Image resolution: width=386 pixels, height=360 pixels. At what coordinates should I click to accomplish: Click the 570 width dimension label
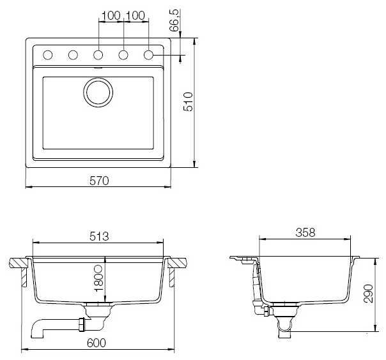click(99, 181)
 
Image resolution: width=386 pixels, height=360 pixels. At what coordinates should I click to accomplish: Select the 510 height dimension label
click(189, 101)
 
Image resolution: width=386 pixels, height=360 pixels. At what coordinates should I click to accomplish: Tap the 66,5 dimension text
click(174, 20)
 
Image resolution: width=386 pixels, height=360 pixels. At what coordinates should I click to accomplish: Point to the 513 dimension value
click(99, 236)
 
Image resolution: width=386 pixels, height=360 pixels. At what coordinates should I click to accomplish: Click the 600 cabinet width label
click(96, 343)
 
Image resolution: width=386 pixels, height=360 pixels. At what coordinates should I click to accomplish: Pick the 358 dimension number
click(305, 232)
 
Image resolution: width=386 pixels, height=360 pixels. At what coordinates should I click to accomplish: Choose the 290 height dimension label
click(369, 293)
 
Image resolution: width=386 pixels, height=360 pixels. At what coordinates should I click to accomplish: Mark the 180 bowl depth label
click(99, 278)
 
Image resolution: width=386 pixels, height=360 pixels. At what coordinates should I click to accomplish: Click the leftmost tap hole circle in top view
click(48, 55)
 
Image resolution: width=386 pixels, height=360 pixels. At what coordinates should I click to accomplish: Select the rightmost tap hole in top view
click(148, 55)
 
